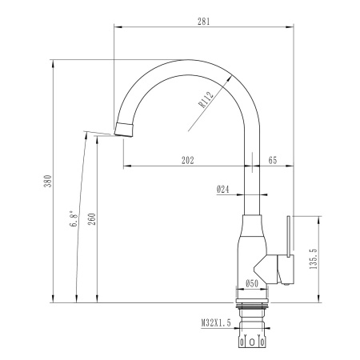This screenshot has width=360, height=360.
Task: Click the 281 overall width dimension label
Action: [x=203, y=22]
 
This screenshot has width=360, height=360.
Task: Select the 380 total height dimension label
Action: [x=48, y=181]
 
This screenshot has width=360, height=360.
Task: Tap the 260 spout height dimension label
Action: [x=92, y=219]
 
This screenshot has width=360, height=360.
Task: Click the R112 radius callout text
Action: [x=206, y=99]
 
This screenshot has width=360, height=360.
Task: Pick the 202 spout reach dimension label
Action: [x=188, y=161]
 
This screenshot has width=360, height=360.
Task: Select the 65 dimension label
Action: [x=273, y=161]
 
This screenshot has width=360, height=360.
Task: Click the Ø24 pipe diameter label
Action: [x=223, y=190]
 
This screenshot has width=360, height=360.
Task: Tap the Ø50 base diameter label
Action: [x=252, y=283]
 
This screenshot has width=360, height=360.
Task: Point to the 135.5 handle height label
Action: [x=314, y=258]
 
